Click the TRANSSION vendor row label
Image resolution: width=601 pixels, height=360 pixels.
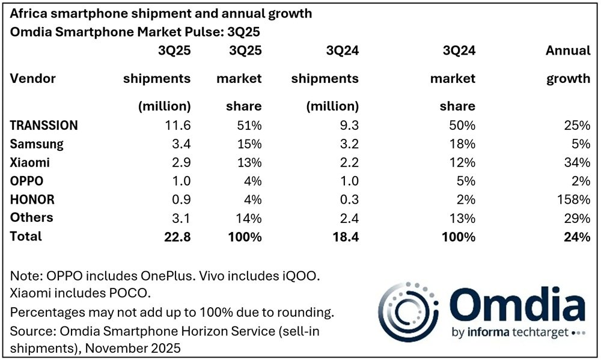44,126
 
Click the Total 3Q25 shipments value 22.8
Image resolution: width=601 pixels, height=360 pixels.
177,236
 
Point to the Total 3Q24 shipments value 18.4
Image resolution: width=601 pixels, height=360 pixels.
346,236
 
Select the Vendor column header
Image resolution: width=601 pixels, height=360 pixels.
33,79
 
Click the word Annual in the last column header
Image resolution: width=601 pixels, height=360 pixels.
568,50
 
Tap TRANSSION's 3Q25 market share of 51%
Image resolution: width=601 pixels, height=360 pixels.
249,126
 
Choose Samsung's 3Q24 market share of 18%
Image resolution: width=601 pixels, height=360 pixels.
462,144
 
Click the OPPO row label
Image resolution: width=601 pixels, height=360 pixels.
27,181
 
